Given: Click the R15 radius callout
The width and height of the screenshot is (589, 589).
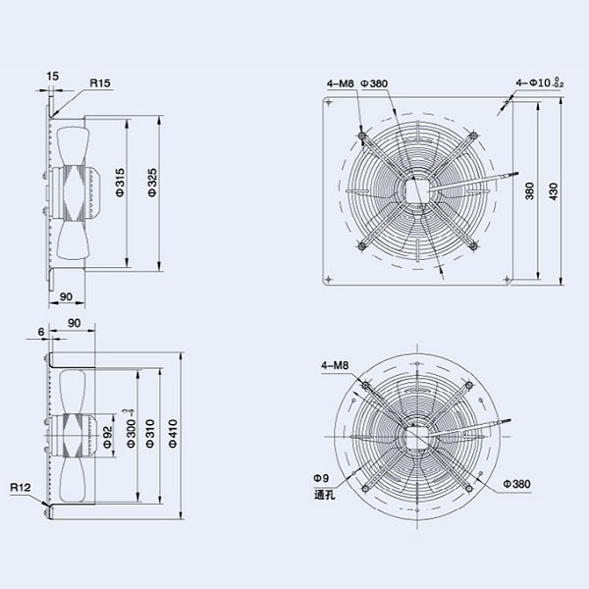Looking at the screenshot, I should click(100, 84).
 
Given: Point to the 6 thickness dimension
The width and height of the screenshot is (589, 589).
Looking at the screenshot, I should click(39, 333).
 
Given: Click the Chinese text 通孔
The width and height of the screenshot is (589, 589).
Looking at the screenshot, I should click(319, 494).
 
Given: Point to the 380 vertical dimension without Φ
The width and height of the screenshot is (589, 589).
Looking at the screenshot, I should click(531, 191).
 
